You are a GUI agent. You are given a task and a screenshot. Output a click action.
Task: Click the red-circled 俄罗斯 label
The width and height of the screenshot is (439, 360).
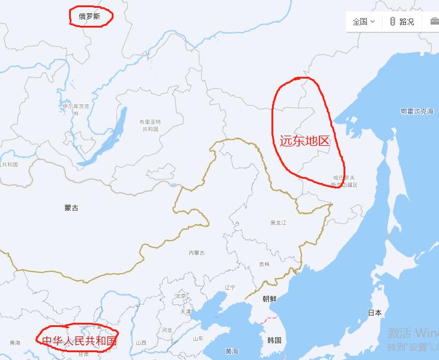coord(89,17)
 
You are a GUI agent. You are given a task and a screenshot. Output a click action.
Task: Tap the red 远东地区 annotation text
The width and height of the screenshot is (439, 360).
coord(305,141)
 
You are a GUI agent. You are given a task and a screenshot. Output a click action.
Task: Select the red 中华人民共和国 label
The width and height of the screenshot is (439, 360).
coord(79,341)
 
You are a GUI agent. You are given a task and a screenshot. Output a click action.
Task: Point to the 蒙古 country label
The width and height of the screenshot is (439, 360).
coord(71,208)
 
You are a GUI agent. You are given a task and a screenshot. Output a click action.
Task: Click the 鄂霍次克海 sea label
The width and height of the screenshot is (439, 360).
coord(417,112)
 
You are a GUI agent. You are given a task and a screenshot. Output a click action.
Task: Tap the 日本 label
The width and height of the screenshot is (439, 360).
coord(375,313)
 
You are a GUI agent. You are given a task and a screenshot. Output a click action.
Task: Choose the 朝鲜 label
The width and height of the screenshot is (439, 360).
coord(270,299)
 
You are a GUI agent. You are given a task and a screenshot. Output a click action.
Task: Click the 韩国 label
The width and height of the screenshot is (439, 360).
coord(274,340)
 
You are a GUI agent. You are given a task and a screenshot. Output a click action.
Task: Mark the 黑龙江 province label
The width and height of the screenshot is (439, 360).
coord(278,223)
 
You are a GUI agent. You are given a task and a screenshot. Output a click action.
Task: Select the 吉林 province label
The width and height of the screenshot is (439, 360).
coord(264,264)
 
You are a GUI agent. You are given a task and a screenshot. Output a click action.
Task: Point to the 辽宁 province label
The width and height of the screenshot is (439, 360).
coord(230,288)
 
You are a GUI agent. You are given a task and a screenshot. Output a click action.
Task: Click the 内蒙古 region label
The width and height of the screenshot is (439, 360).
coord(196,253)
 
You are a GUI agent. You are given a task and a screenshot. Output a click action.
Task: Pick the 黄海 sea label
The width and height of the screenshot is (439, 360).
coord(232,351)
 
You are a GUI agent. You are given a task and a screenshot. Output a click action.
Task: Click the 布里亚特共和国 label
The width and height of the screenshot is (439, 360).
coord(150,125)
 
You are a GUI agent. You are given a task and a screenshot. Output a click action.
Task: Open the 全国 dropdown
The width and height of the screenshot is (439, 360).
coord(364,22)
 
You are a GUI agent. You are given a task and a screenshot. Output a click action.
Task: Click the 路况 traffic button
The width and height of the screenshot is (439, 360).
coord(402,22)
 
